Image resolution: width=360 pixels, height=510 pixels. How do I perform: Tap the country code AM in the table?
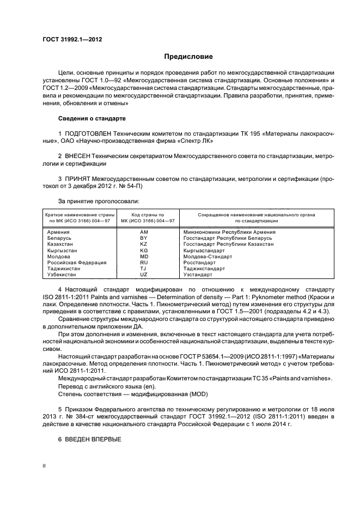click(145, 232)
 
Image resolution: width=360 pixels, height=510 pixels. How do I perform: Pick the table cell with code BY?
click(144, 238)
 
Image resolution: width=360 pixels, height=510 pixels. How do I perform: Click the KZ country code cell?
click(144, 244)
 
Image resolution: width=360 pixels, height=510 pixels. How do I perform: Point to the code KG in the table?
click(144, 250)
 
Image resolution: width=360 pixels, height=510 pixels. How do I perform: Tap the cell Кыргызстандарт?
click(204, 250)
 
